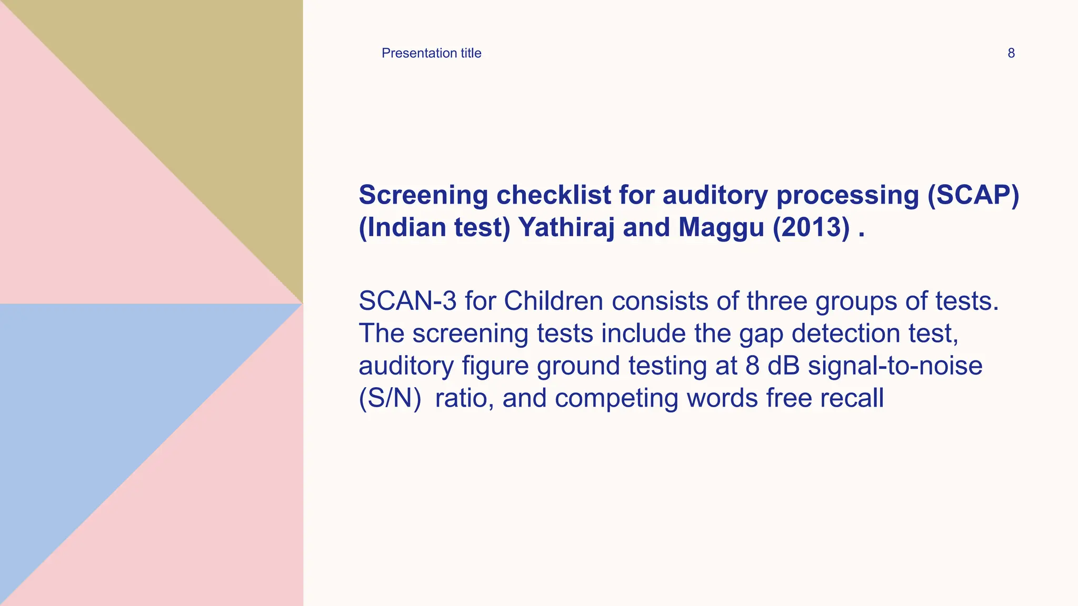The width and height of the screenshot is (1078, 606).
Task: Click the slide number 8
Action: pyautogui.click(x=1011, y=53)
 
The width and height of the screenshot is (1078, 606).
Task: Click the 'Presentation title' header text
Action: pyautogui.click(x=431, y=53)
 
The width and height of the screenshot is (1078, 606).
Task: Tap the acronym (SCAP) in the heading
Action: pyautogui.click(x=973, y=195)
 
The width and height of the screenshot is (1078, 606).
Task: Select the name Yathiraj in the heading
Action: pyautogui.click(x=566, y=227)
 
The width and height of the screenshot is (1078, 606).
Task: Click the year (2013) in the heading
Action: pyautogui.click(x=811, y=227)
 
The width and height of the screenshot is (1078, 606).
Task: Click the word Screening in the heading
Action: pyautogui.click(x=423, y=195)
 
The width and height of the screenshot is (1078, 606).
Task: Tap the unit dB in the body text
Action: pyautogui.click(x=783, y=366)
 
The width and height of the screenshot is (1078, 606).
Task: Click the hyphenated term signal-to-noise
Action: pyautogui.click(x=895, y=366)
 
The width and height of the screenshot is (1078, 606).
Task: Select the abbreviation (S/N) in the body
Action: pyautogui.click(x=390, y=398)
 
